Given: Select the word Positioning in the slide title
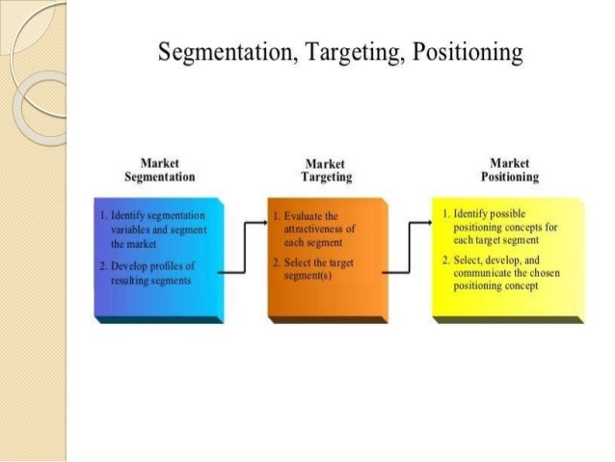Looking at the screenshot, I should click(x=467, y=52).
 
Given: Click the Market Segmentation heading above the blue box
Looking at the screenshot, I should click(x=159, y=170).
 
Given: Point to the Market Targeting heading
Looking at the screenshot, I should click(x=326, y=171).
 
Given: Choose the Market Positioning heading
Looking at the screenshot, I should click(x=509, y=170).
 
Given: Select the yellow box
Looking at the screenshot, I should click(x=507, y=299).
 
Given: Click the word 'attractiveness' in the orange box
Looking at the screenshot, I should click(x=319, y=230).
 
